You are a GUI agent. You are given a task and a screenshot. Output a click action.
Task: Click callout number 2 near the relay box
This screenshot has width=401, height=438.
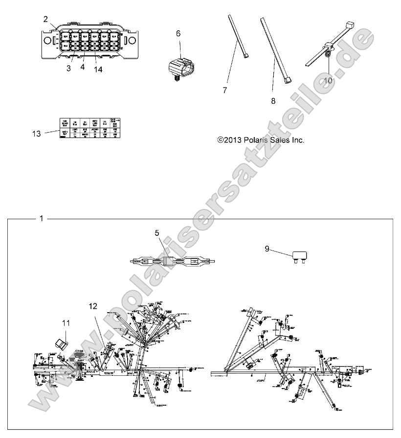[45, 19]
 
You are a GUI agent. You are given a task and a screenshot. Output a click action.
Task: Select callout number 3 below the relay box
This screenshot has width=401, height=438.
[68, 69]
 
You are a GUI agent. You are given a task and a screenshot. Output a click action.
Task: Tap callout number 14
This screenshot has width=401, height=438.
[98, 69]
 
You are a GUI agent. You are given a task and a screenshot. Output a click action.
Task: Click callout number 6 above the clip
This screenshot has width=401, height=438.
[178, 33]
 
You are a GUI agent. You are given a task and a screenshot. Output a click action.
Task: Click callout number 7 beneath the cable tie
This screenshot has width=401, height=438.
[239, 91]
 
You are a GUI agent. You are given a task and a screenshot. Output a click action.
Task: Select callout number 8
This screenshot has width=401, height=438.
[273, 101]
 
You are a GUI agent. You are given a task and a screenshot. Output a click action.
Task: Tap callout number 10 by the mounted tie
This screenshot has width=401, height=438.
[328, 79]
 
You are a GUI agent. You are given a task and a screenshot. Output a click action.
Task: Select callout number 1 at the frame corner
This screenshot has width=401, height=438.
[42, 218]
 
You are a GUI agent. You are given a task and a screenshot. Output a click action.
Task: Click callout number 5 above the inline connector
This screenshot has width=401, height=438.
[157, 233]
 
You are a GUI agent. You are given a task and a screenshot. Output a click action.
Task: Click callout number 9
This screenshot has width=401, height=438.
[267, 249]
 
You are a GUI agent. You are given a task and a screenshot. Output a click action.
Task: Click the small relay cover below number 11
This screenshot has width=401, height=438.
[62, 342]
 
